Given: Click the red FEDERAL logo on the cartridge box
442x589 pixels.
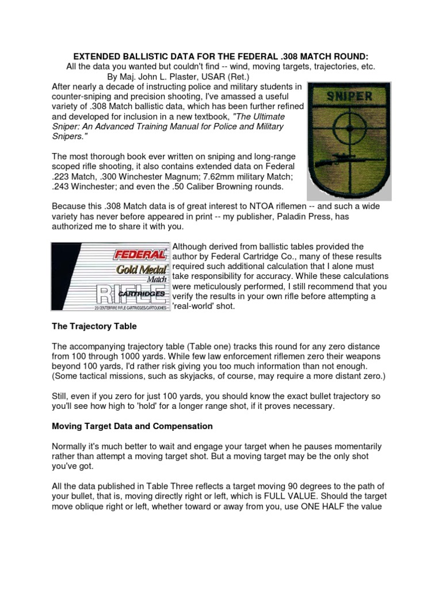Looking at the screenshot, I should pos(138,253).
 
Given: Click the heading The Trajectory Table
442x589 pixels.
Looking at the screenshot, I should pos(94,327).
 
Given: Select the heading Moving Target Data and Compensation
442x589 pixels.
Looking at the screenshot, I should pos(132,426).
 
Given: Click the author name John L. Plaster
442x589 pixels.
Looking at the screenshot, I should pos(163,77).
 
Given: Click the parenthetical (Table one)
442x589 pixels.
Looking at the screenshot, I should pos(204,346).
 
